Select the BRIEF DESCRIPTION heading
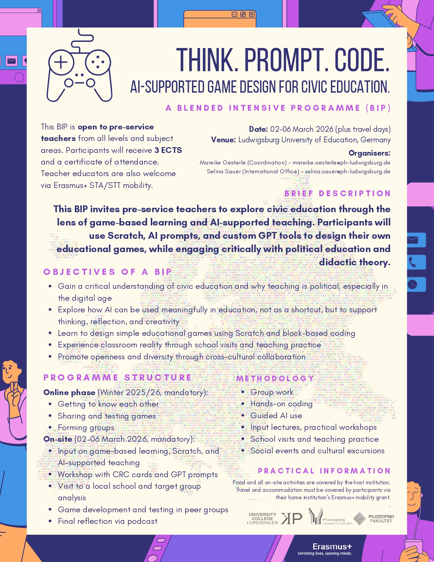pyautogui.click(x=337, y=193)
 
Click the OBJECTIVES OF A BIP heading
pyautogui.click(x=108, y=272)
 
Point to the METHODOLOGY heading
pyautogui.click(x=275, y=378)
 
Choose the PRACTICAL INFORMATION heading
pyautogui.click(x=324, y=471)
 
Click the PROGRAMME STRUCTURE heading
pyautogui.click(x=117, y=377)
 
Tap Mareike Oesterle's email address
pyautogui.click(x=341, y=162)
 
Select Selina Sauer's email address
pyautogui.click(x=347, y=171)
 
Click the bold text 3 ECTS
pyautogui.click(x=168, y=150)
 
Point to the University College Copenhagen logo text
pyautogui.click(x=262, y=518)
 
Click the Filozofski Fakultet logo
pyautogui.click(x=374, y=518)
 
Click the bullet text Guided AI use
pyautogui.click(x=276, y=416)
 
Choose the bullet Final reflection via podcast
pyautogui.click(x=108, y=521)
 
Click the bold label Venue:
pyautogui.click(x=223, y=140)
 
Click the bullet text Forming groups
pyautogui.click(x=86, y=427)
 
